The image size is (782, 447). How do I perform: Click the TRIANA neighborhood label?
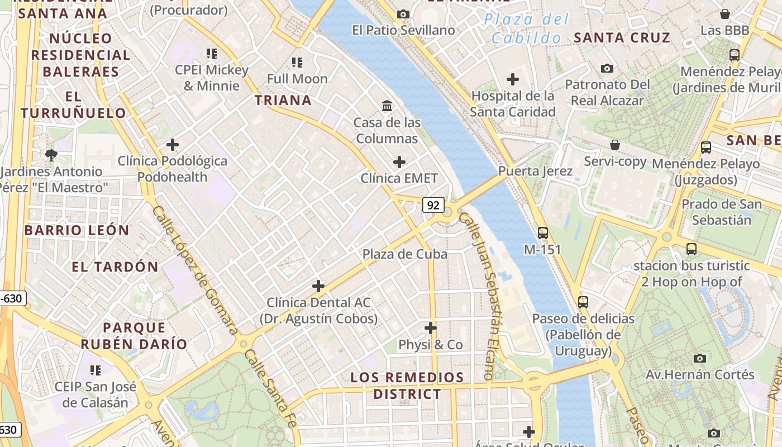[283, 100]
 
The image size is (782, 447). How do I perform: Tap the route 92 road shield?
[433, 205]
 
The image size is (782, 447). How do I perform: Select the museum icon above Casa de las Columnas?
[387, 106]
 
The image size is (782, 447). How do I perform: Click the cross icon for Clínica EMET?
[399, 162]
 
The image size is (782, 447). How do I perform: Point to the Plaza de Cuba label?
[405, 254]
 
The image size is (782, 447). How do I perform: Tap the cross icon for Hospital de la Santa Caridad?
[512, 79]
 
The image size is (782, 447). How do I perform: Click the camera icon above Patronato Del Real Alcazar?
[607, 68]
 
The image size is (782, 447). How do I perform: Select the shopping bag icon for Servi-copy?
[614, 145]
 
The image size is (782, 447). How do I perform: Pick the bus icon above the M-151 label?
[542, 232]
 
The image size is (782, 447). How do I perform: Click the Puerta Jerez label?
[535, 171]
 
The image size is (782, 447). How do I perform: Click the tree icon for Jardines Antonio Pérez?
[51, 155]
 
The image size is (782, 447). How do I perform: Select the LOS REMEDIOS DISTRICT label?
[407, 386]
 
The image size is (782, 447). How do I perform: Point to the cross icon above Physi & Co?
[430, 327]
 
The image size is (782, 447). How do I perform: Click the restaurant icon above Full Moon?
[297, 62]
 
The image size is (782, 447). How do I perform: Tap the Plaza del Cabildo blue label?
[526, 28]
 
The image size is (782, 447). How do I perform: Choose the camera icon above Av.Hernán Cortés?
[699, 358]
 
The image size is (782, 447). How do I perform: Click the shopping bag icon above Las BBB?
[724, 14]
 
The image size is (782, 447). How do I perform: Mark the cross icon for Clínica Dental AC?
[318, 286]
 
